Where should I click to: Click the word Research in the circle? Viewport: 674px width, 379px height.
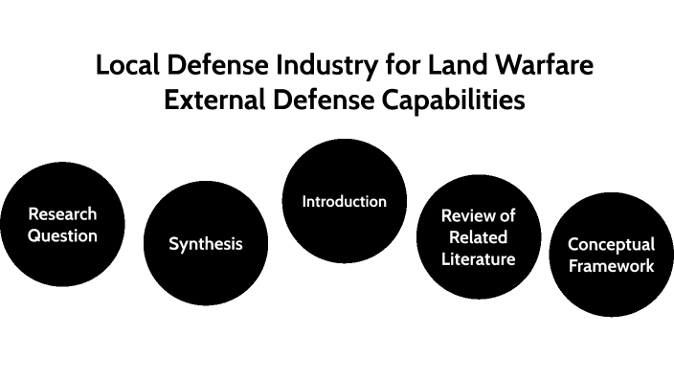pyautogui.click(x=62, y=213)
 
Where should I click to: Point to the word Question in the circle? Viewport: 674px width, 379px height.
pyautogui.click(x=62, y=234)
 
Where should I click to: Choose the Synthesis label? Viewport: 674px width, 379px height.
pyautogui.click(x=206, y=244)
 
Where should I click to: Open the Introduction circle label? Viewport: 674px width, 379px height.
pyautogui.click(x=344, y=202)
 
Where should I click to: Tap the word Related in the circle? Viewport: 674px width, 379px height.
pyautogui.click(x=479, y=237)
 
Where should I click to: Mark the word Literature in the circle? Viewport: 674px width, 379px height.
pyautogui.click(x=479, y=258)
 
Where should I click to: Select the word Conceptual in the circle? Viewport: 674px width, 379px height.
pyautogui.click(x=611, y=244)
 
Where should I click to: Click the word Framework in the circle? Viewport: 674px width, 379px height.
pyautogui.click(x=611, y=265)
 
